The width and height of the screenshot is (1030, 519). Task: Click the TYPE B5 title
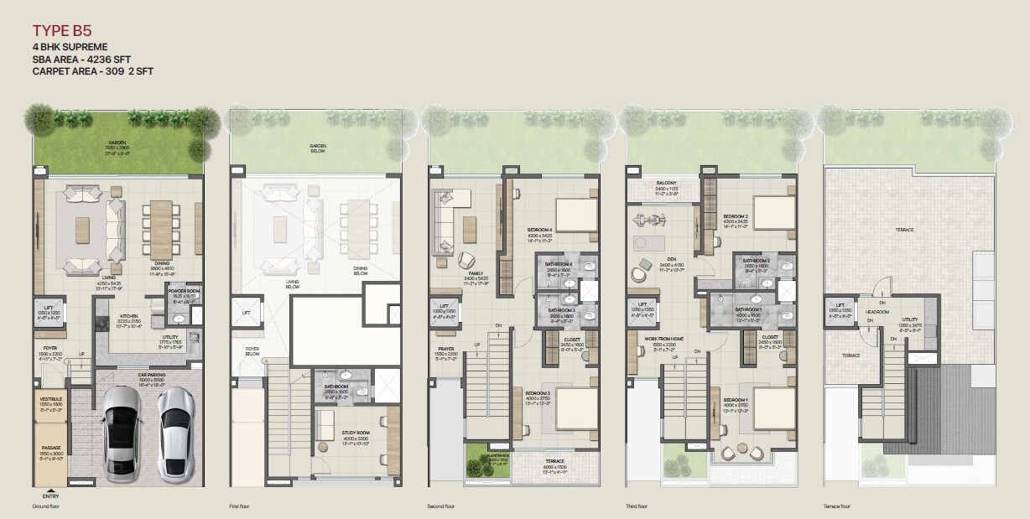click(x=62, y=31)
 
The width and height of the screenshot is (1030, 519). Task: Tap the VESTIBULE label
click(x=52, y=401)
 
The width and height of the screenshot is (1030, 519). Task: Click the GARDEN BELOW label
click(x=316, y=149)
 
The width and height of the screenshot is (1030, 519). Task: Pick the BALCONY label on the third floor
click(x=667, y=184)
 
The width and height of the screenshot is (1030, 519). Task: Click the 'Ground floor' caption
click(x=45, y=506)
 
